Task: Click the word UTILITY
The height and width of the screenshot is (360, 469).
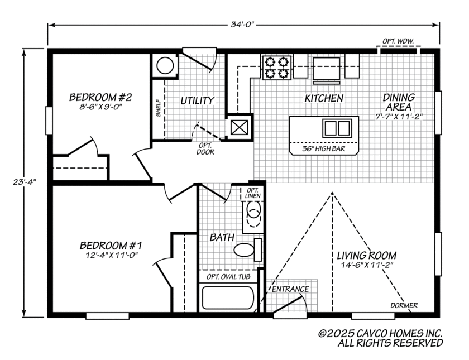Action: click(197, 101)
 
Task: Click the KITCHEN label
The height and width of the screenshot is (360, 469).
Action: click(323, 98)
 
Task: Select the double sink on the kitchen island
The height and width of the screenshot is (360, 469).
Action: click(337, 128)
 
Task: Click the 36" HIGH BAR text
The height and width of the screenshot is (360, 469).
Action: click(323, 149)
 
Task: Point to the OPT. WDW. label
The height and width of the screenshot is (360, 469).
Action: click(398, 41)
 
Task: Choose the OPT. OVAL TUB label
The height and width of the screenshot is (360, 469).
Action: click(227, 277)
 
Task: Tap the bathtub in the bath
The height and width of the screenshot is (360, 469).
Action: click(227, 297)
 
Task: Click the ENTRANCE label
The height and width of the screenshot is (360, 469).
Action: click(290, 289)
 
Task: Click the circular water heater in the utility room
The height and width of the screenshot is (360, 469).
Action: click(166, 65)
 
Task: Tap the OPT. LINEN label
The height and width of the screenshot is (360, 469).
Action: click(252, 193)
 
